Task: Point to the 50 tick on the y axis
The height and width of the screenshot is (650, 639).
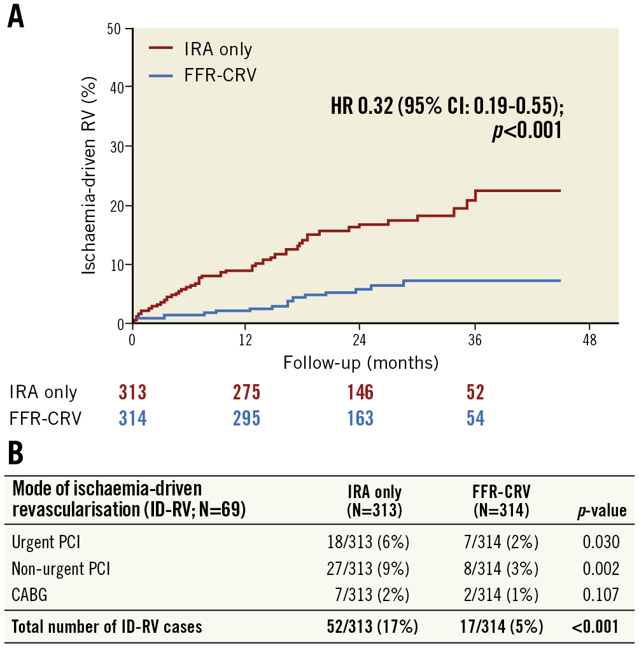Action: point(116,28)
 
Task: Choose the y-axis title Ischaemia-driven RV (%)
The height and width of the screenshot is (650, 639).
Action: point(90,178)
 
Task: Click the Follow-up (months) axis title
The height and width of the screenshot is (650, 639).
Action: point(361,363)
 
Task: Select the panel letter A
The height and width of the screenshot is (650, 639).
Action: point(16,17)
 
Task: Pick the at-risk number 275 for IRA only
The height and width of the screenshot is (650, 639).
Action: point(246,392)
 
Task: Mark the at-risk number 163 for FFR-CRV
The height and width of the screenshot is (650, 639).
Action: point(360,418)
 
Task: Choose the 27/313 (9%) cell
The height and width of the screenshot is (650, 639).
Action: point(368,568)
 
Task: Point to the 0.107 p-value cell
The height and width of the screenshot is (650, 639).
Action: point(601,595)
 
